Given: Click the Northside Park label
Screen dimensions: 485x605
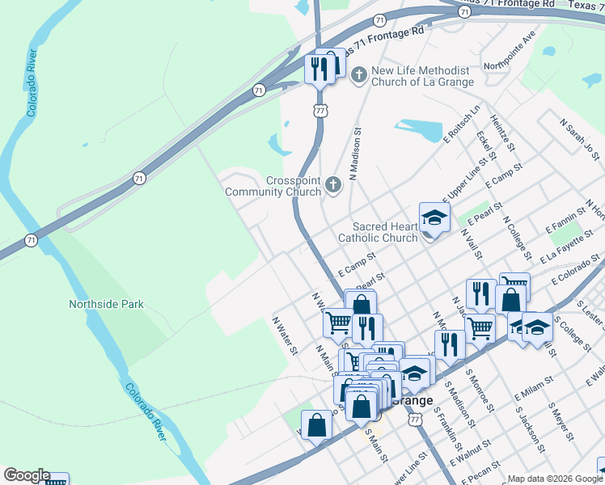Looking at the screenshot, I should tap(106, 304).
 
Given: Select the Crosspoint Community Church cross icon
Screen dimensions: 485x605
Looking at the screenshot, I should tap(332, 187).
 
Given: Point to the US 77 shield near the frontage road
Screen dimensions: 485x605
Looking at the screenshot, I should tap(321, 111).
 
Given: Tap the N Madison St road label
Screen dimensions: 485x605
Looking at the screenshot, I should tap(354, 152).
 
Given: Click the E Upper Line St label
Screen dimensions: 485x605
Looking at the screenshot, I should tap(467, 183).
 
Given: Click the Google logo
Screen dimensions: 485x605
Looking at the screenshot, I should tap(26, 475).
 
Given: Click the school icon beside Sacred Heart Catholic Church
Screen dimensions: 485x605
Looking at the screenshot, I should tap(434, 217).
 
